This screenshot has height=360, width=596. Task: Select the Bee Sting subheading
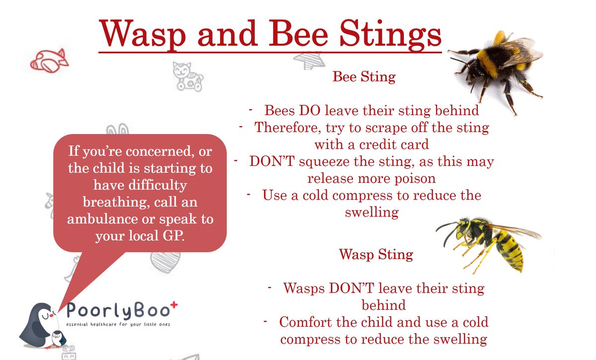pos(364,77)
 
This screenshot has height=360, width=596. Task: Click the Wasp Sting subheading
pos(376,255)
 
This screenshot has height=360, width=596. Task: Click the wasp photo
pos(489,240)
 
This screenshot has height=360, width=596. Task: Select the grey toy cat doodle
pos(187,75)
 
